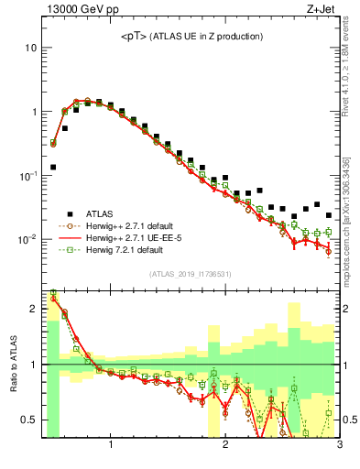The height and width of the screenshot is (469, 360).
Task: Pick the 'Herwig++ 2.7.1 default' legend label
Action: pos(136,224)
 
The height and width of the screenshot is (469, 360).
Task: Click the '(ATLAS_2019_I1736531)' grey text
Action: pos(190,274)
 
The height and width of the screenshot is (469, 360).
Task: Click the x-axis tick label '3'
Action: pos(339,447)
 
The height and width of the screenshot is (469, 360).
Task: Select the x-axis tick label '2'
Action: pos(225,447)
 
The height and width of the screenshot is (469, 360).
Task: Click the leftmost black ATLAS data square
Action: pos(53,167)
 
